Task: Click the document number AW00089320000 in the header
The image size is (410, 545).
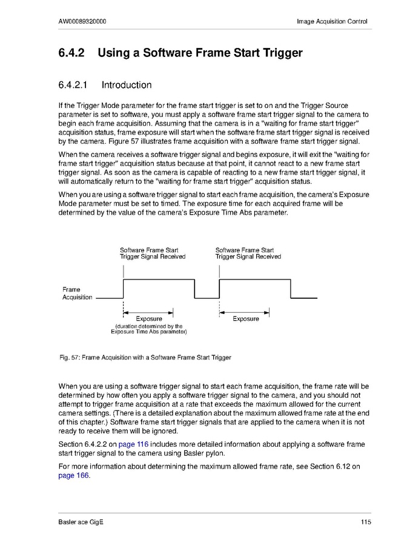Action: [x=83, y=22]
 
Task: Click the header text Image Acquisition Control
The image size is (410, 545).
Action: [x=332, y=22]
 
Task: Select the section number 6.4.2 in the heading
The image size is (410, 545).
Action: [x=73, y=53]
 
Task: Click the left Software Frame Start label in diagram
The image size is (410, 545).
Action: [x=149, y=250]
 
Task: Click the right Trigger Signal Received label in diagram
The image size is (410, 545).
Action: [x=248, y=256]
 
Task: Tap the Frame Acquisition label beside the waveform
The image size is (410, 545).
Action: [x=77, y=293]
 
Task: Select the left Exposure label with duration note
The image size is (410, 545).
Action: [x=149, y=319]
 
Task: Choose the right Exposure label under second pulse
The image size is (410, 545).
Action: [x=245, y=319]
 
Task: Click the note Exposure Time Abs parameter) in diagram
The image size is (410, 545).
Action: [x=149, y=332]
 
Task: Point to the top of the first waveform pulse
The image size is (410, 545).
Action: [x=159, y=279]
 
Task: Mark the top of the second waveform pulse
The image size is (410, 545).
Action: [x=254, y=279]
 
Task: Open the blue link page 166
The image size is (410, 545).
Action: [x=73, y=475]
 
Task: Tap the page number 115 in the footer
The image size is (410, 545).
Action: [x=365, y=523]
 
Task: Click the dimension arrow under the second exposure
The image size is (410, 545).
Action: [x=244, y=312]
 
